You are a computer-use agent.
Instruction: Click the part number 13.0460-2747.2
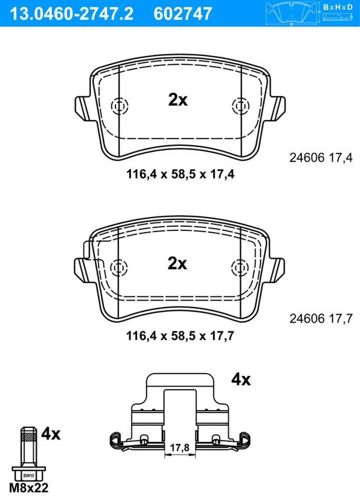pos(71,14)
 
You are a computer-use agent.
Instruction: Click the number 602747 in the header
pos(183,14)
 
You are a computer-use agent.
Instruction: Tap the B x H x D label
pos(338,7)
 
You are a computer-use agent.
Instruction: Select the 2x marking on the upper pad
pos(178,99)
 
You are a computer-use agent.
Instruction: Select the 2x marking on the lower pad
pos(177,263)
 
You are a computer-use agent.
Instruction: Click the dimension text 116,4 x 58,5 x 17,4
pos(180,174)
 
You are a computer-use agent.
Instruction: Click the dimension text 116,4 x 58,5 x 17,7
pos(180,336)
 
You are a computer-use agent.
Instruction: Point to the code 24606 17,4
pos(321,157)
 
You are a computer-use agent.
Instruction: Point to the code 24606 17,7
pos(321,318)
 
